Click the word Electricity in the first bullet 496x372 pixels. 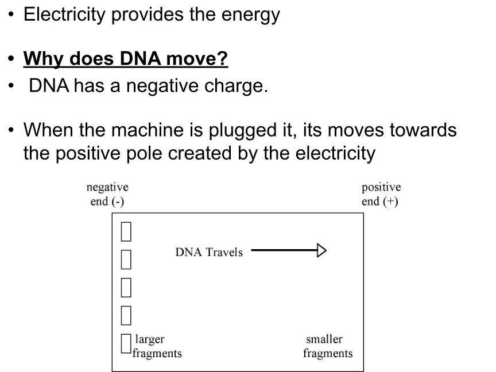click(64, 15)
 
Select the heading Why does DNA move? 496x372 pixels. click(126, 59)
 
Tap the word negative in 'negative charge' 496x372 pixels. click(162, 86)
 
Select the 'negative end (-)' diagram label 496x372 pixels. click(107, 194)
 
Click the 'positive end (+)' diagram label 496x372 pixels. click(381, 194)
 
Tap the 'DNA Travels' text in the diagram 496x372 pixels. click(209, 252)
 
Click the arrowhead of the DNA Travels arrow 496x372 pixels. click(321, 250)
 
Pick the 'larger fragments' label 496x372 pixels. click(157, 346)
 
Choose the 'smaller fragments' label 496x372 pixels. click(328, 346)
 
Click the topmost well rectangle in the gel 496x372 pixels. click(126, 231)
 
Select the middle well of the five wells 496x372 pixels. click(126, 288)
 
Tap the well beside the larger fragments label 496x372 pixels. click(126, 343)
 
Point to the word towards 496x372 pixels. click(423, 130)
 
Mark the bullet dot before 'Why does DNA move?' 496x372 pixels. click(11, 59)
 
